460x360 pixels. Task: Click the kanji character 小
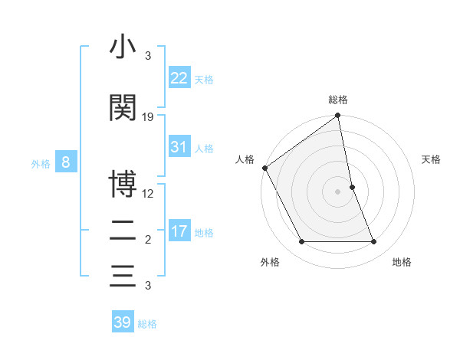(x=123, y=47)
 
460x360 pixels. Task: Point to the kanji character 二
(x=123, y=231)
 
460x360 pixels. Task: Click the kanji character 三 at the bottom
(x=123, y=275)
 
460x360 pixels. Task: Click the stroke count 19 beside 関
(x=148, y=117)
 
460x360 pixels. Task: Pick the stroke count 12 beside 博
(x=148, y=193)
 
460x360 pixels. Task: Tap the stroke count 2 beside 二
(x=148, y=240)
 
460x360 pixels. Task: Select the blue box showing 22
(x=179, y=77)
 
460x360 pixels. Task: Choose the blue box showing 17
(x=179, y=231)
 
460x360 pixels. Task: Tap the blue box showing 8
(x=67, y=162)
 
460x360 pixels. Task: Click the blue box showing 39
(x=123, y=322)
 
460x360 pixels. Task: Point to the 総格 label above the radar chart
(x=338, y=100)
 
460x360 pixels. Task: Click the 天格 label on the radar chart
(x=431, y=159)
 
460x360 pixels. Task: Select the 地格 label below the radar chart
(x=402, y=262)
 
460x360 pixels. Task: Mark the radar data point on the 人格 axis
(x=264, y=168)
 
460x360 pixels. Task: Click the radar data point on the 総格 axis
(x=338, y=116)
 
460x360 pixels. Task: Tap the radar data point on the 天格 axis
(x=352, y=187)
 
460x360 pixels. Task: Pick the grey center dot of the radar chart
(x=338, y=191)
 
